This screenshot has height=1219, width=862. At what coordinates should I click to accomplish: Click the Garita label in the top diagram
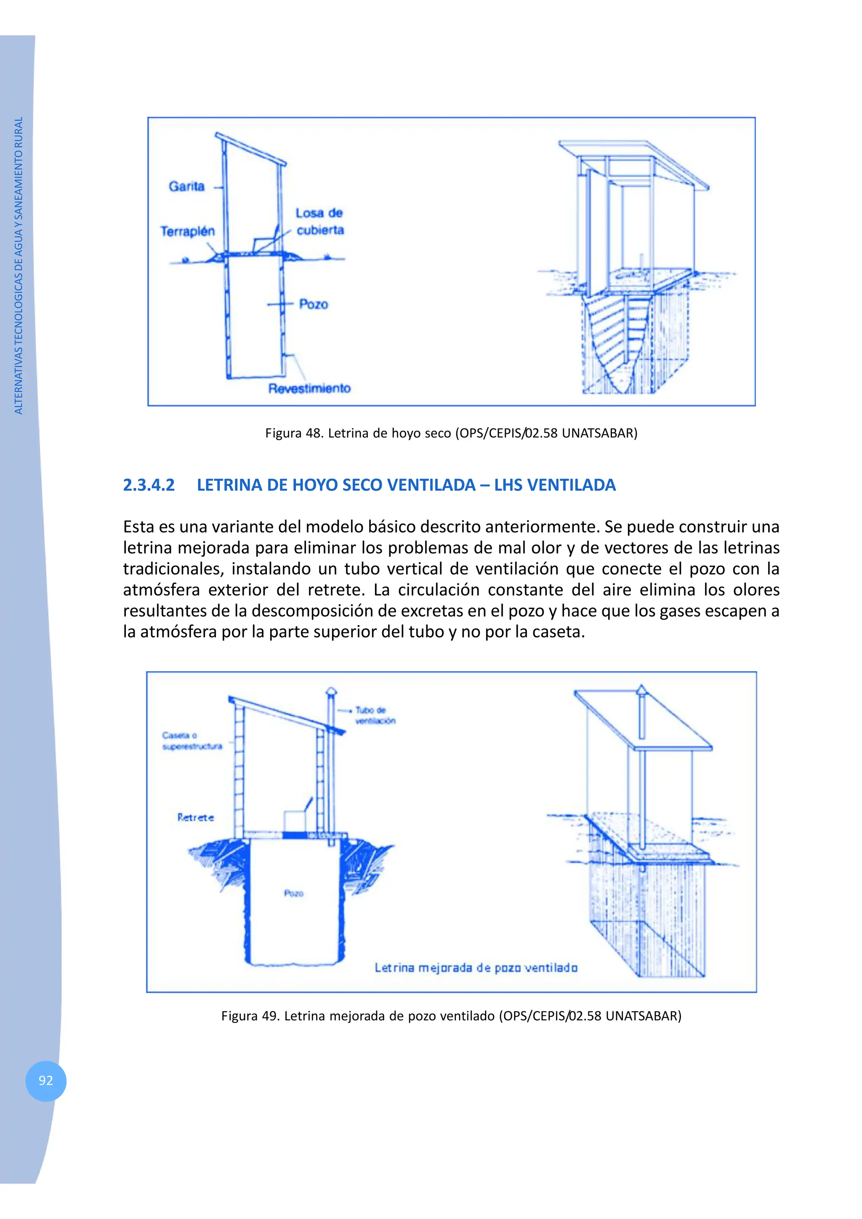click(x=186, y=186)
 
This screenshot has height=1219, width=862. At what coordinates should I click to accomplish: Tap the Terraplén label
click(x=187, y=231)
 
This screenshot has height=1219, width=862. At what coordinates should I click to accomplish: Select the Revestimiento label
click(x=309, y=389)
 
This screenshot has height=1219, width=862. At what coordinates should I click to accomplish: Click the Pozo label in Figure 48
click(x=313, y=304)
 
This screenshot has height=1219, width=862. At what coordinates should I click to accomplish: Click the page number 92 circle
click(x=46, y=1081)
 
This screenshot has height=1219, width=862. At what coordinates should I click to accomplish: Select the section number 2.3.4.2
click(x=149, y=485)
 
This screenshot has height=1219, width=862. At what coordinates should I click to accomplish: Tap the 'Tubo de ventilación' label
click(x=375, y=715)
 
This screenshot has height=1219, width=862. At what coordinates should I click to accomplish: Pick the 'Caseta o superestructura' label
click(x=192, y=741)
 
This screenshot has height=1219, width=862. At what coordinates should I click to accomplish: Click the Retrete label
click(x=195, y=818)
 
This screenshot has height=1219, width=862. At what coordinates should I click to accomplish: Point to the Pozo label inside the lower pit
click(x=293, y=893)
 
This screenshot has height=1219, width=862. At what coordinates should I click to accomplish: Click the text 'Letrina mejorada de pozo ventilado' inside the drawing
click(x=476, y=968)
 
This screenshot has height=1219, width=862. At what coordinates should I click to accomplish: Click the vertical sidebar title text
click(x=19, y=265)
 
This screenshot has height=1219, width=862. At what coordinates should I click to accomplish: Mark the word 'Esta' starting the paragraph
click(x=140, y=527)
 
